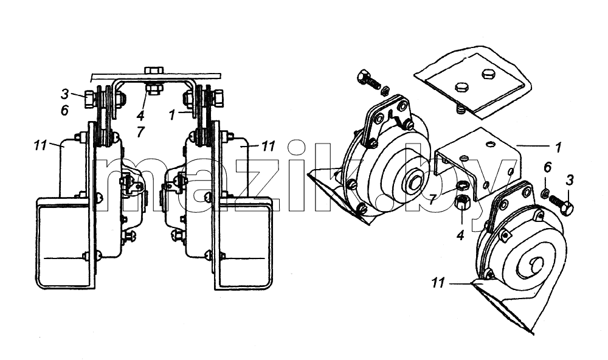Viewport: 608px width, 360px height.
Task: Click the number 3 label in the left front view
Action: [65, 94]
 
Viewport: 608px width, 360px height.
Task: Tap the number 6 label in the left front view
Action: [65, 111]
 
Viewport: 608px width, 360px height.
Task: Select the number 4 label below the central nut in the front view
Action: [140, 116]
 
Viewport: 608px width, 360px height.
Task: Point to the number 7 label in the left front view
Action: [140, 132]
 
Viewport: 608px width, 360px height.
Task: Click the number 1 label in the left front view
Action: [172, 114]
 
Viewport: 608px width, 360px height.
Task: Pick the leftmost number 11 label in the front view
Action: [40, 146]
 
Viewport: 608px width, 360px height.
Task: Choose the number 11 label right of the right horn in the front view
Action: [268, 146]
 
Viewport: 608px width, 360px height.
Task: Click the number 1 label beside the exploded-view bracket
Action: [558, 147]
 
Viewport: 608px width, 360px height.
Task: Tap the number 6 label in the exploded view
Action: [547, 168]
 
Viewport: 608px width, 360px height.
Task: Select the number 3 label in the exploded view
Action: [569, 180]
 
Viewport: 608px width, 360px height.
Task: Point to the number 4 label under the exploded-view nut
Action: [460, 235]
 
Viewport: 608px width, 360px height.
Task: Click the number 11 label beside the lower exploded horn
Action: [438, 283]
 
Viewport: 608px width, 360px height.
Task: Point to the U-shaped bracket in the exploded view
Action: [477, 163]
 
